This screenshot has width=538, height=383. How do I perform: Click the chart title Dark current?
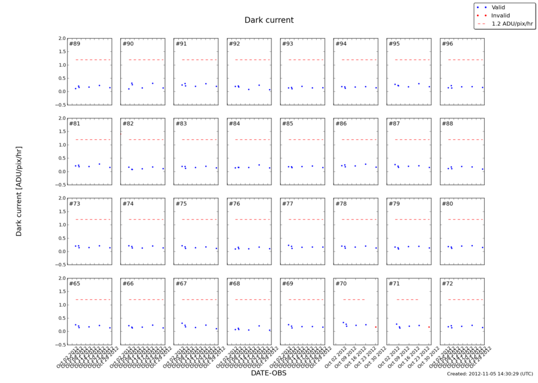coord(269,20)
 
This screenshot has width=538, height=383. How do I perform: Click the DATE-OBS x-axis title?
coord(269,373)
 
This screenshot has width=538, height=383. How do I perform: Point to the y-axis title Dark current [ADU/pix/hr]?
coord(19,191)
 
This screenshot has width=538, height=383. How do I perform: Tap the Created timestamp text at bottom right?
coord(489,373)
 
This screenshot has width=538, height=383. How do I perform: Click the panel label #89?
coord(74,44)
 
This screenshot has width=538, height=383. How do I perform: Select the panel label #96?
coord(447,44)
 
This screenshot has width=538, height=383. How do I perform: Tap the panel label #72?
coord(447,283)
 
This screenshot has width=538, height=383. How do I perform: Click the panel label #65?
coord(74,283)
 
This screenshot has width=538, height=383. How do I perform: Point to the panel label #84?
coord(234,124)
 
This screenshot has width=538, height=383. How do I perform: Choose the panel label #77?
coord(288,204)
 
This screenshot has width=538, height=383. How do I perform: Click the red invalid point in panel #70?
coord(375,327)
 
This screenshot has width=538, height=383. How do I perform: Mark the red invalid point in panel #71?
coord(429,327)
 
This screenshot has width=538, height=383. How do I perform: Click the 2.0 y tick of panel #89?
coord(62,38)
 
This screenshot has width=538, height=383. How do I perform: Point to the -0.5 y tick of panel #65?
coord(60,345)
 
